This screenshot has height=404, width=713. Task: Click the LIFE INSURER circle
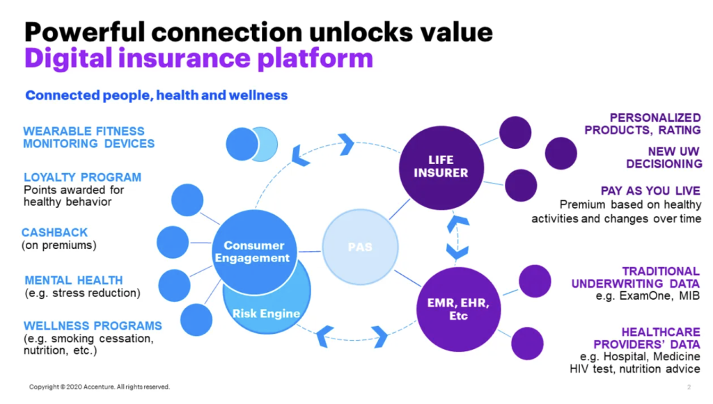pos(441,168)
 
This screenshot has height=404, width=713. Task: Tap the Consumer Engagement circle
pos(254,252)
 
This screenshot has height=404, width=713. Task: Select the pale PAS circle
pos(360,247)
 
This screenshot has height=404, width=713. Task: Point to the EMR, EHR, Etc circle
pos(458,309)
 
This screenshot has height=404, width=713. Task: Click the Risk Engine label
pos(266,313)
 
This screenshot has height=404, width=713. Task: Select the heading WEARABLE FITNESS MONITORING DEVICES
pos(88,137)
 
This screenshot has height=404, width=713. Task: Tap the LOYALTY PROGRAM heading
pos(82,177)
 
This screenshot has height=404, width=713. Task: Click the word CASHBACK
pos(54,232)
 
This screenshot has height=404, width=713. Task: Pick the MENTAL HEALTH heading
pos(74,280)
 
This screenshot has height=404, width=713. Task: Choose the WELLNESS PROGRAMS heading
pos(93,325)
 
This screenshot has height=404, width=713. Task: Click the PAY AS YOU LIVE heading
pos(650,191)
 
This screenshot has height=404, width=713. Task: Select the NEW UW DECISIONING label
pos(664,157)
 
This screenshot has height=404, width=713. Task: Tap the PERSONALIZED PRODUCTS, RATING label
pos(643,124)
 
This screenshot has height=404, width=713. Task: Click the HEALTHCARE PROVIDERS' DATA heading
pos(647,338)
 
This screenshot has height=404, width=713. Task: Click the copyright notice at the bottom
pos(100,387)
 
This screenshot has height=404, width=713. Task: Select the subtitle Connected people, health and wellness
pos(157,95)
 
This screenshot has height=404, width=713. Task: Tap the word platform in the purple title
pos(315,58)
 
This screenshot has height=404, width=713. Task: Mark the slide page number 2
pos(689,387)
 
